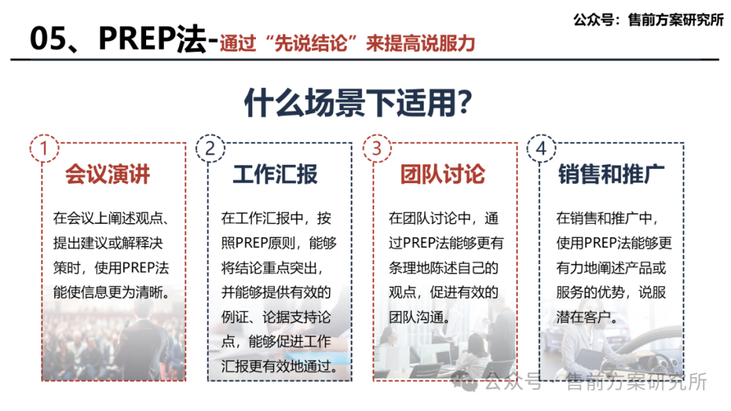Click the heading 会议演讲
[108, 174]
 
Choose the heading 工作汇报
[275, 174]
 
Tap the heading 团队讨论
[442, 174]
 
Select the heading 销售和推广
[611, 174]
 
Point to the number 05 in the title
[49, 41]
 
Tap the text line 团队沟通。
[418, 317]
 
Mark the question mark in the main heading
[464, 103]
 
